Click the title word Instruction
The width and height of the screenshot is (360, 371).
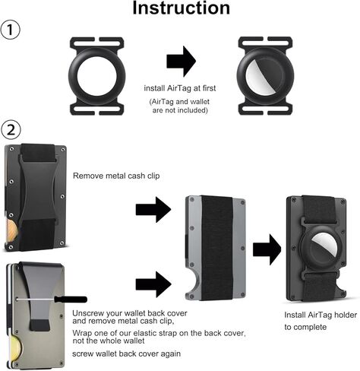180,9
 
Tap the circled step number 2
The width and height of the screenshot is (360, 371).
13,128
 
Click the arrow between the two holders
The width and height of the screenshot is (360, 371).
180,61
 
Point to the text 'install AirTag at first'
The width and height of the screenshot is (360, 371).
181,88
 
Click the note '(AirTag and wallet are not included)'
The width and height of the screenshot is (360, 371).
181,106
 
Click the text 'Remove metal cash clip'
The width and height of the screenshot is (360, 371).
116,175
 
